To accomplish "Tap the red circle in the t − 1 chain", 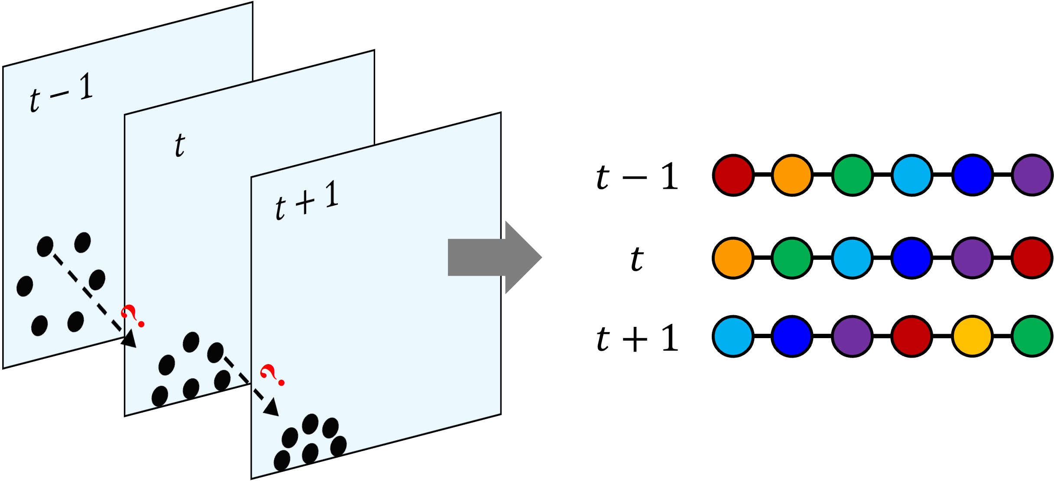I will click(x=733, y=175).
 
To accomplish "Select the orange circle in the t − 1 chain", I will click(x=792, y=175).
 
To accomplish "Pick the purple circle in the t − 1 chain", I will click(x=1032, y=175).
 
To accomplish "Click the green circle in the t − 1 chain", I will click(x=852, y=175).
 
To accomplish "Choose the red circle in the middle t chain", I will click(x=1032, y=258).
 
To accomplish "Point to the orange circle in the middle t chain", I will click(x=733, y=258).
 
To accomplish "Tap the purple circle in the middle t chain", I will click(x=972, y=258).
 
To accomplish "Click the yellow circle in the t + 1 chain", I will click(x=972, y=336).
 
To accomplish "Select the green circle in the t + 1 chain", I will click(x=1032, y=336).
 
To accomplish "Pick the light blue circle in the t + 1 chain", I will click(x=733, y=336).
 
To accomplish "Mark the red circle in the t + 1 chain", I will click(x=912, y=336).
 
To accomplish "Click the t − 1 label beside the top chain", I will click(x=637, y=177).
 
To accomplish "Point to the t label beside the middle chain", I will click(x=637, y=259).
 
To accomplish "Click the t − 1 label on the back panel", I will click(x=61, y=93).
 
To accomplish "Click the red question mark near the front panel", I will click(x=272, y=375).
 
